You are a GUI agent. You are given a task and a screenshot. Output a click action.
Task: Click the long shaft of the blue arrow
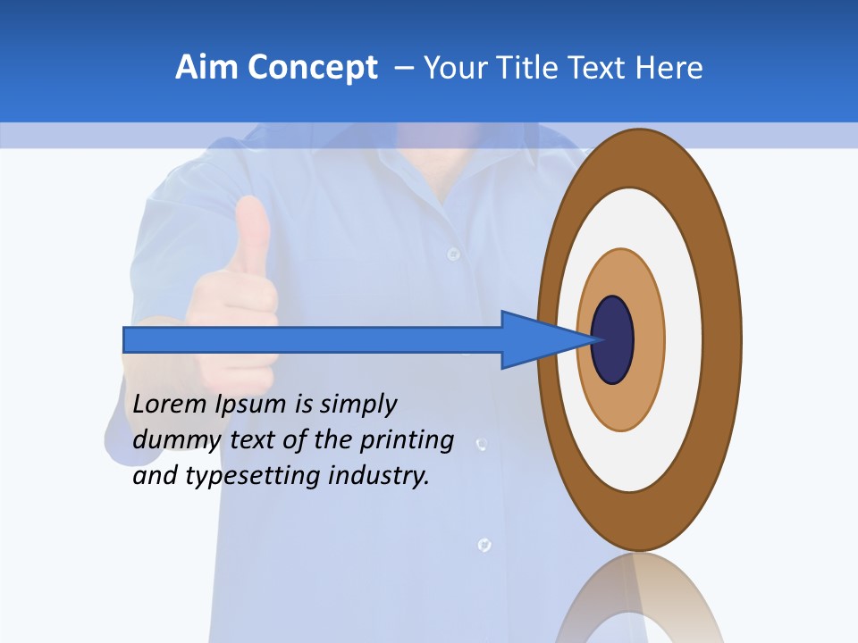(313, 339)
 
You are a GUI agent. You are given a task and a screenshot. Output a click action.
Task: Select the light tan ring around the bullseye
(648, 340)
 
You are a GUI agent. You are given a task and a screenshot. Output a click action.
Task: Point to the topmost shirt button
(453, 254)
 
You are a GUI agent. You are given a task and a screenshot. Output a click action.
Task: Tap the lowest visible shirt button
(484, 544)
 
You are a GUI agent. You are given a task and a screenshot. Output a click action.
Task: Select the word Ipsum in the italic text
(253, 405)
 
